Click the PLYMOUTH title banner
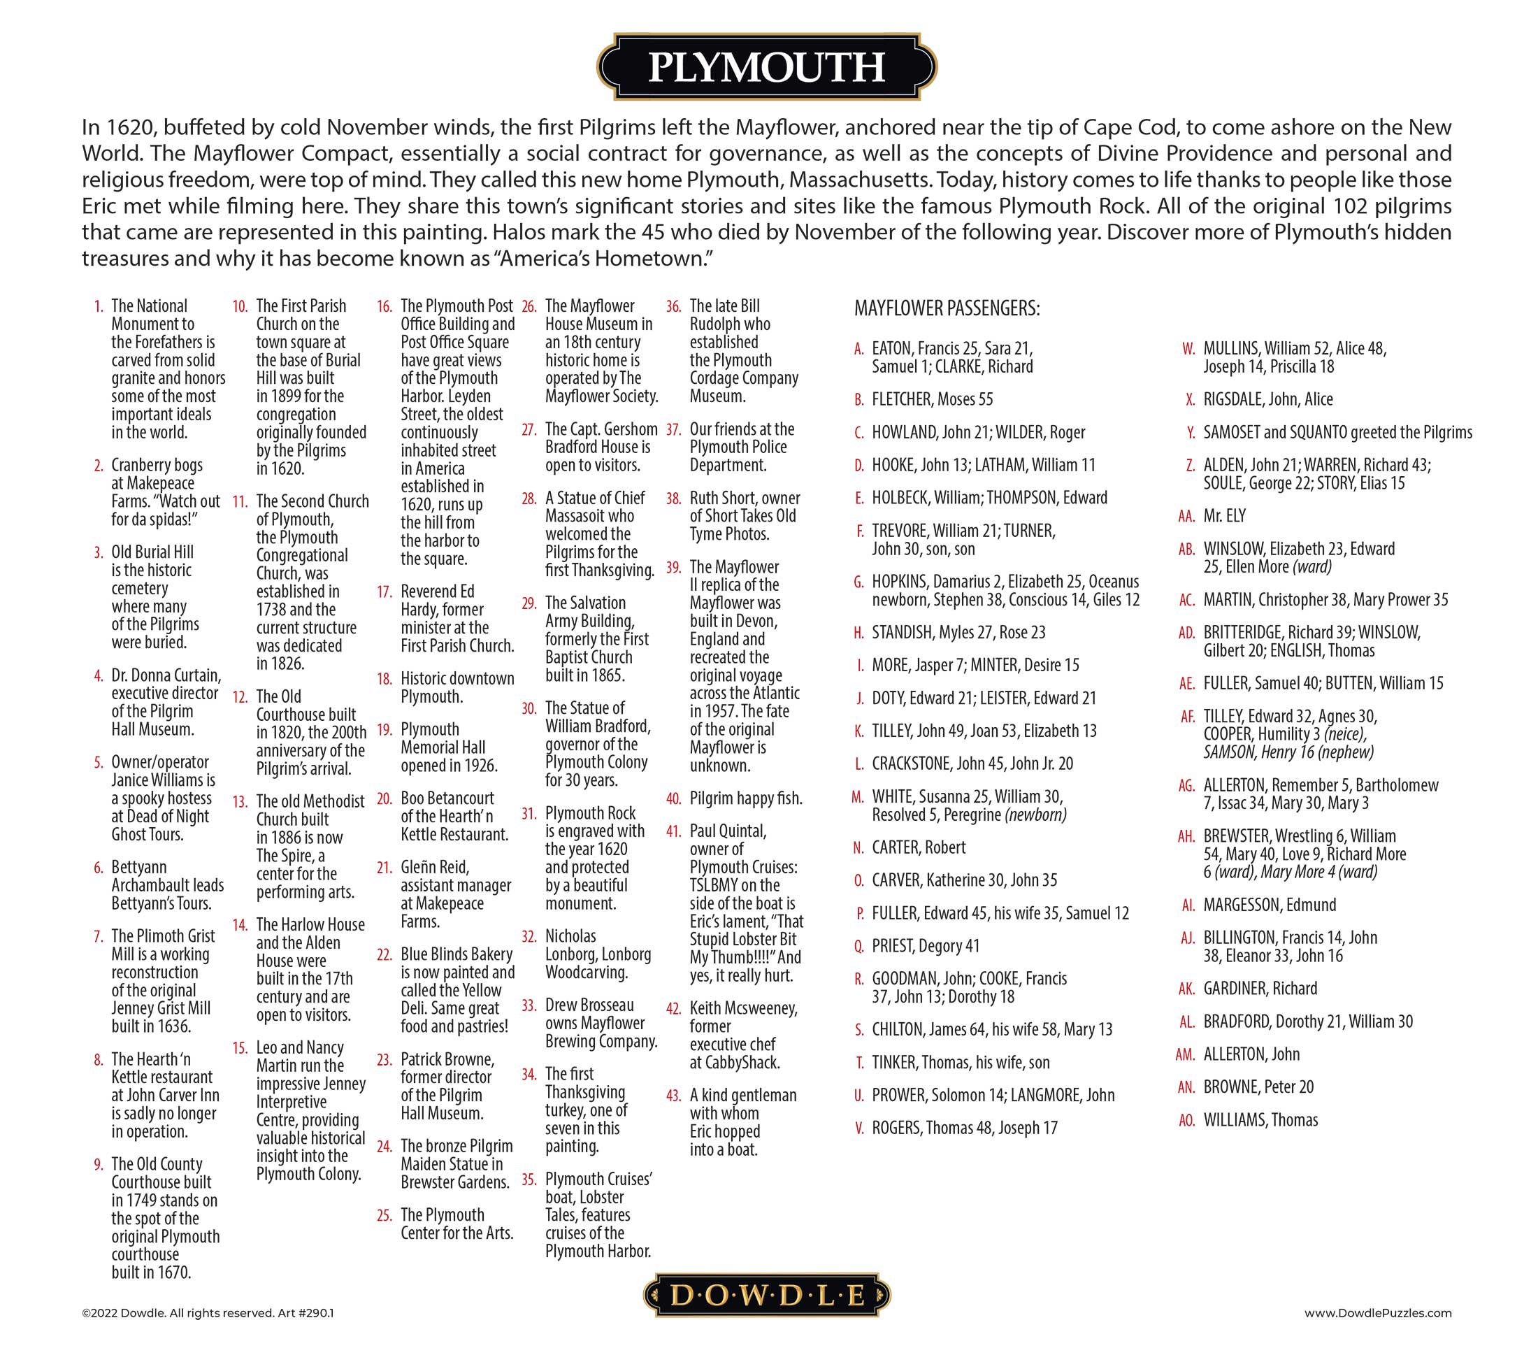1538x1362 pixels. [766, 67]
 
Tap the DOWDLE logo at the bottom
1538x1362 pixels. [767, 1295]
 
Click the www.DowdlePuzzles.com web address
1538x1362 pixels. [1377, 1334]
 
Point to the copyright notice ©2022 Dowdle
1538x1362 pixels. [207, 1334]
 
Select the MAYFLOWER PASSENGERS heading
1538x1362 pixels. [947, 308]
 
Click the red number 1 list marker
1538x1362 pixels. [98, 306]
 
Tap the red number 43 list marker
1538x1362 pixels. [673, 1096]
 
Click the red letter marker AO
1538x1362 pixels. [1186, 1121]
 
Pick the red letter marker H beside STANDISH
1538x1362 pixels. [858, 633]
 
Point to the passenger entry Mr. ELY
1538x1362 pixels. [1224, 516]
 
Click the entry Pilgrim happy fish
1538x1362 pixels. [746, 798]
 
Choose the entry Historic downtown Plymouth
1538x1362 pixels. [457, 687]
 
